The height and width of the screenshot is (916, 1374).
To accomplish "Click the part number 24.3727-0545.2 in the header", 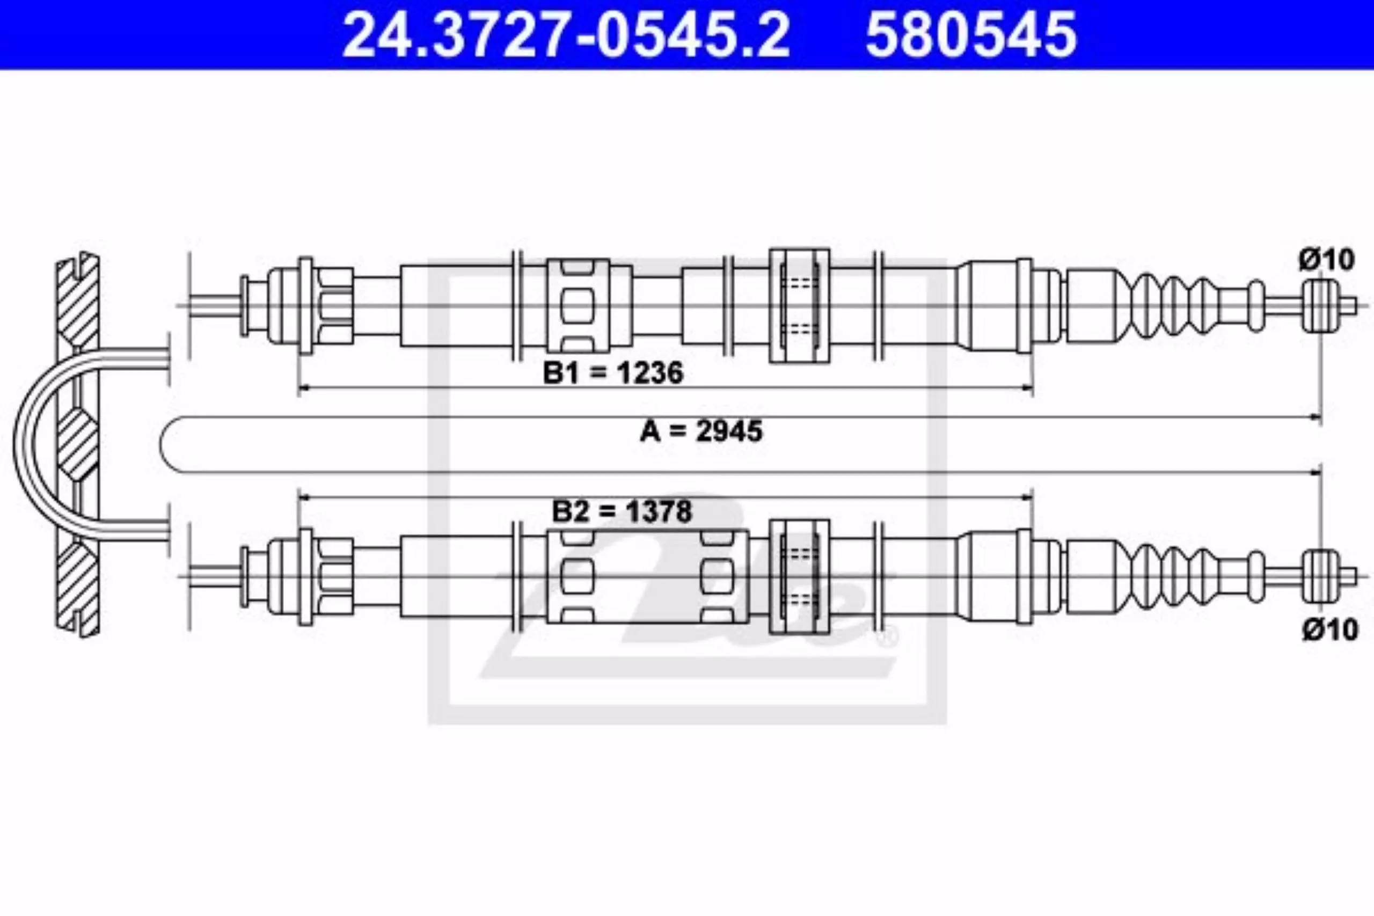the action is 566,35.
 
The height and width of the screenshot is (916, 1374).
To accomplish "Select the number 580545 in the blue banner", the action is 971,35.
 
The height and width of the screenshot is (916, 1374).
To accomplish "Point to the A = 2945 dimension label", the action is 701,431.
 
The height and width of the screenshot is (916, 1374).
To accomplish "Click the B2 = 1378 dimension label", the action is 622,511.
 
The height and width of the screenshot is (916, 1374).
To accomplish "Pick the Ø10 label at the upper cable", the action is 1326,259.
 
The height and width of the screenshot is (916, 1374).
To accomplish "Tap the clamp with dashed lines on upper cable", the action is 799,305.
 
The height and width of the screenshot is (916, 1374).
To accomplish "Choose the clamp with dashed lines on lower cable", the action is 799,576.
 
